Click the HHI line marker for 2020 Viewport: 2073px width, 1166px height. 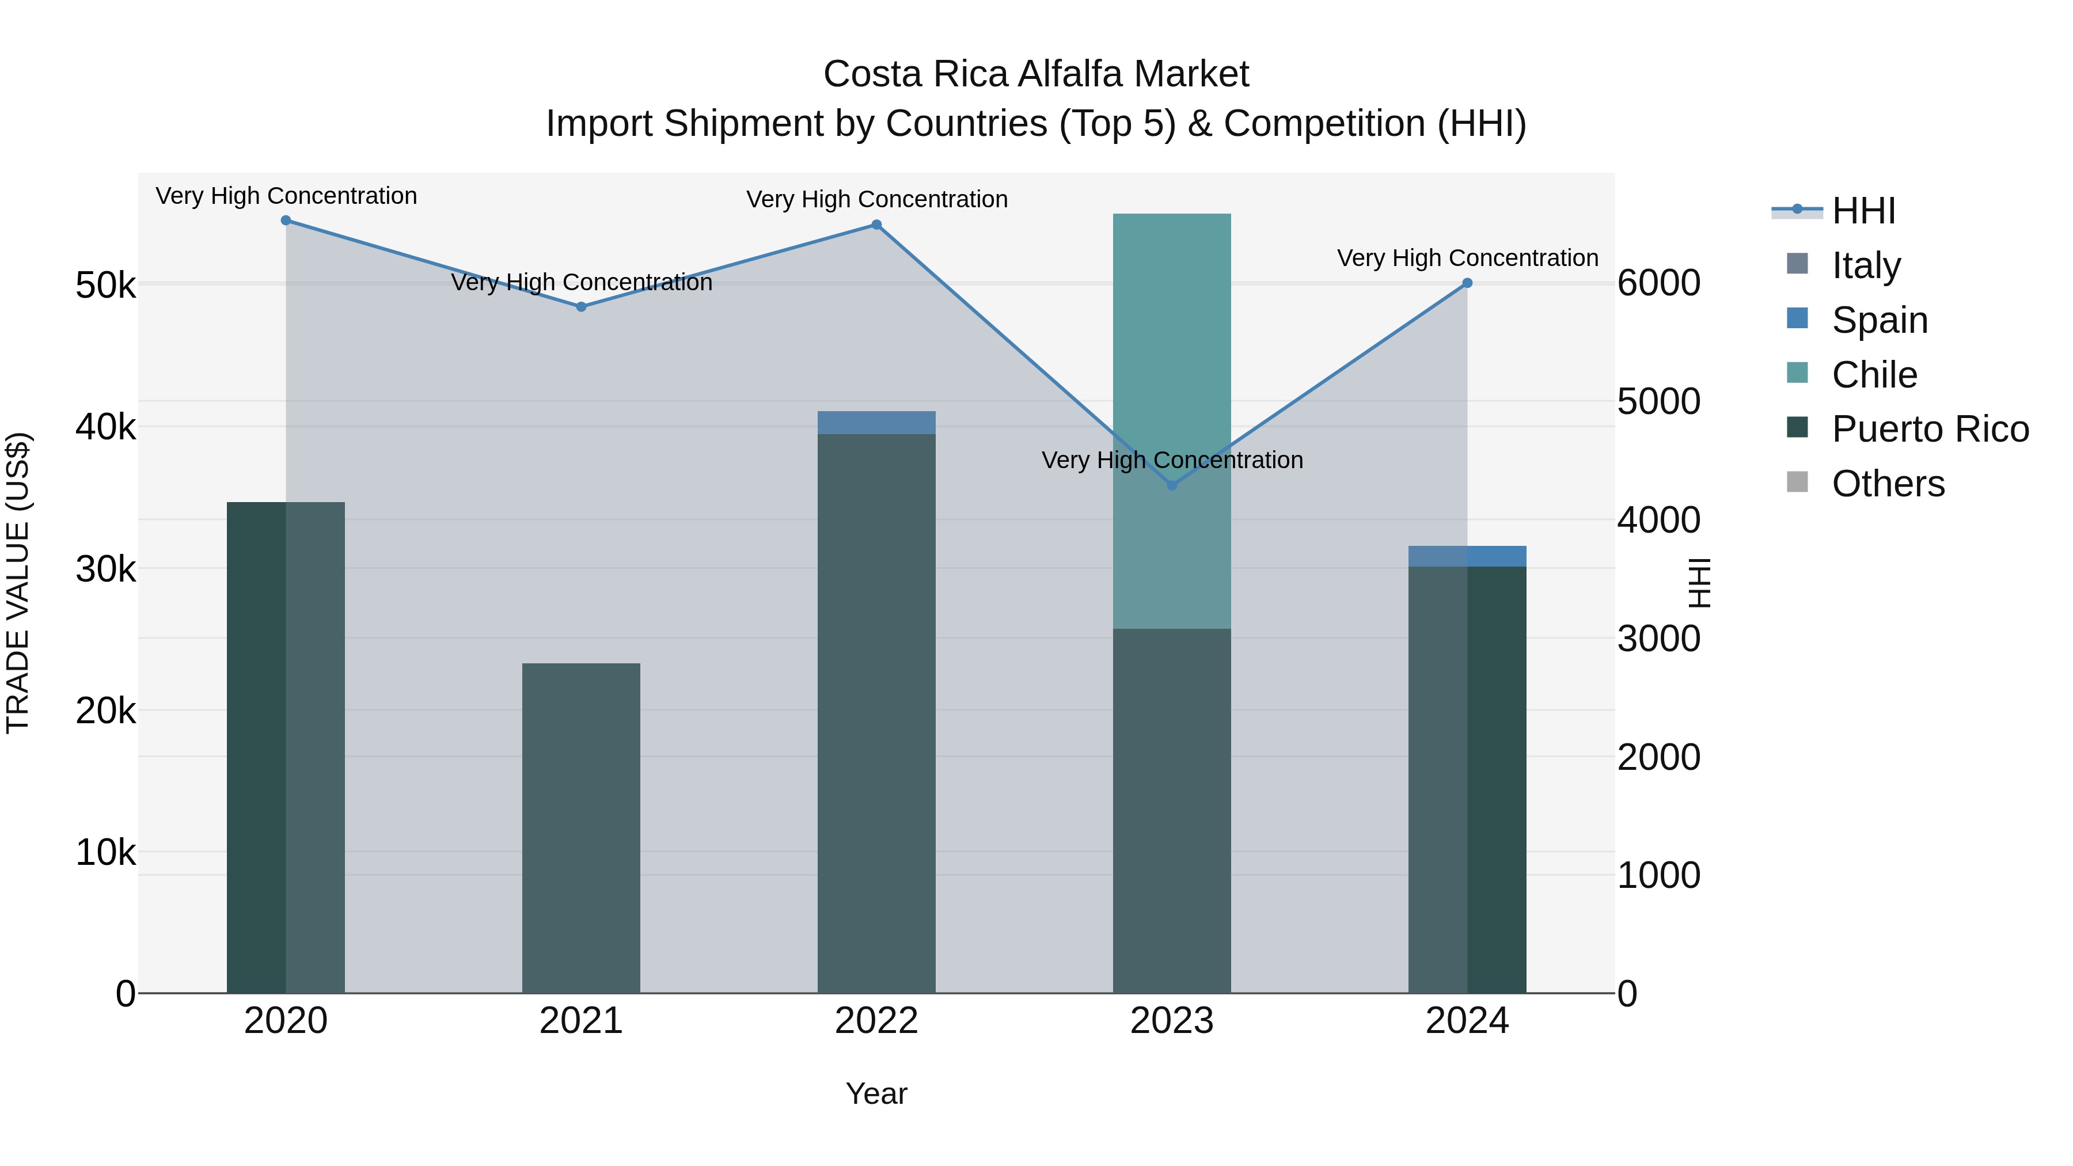pyautogui.click(x=286, y=221)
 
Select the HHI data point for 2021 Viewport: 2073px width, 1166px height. pyautogui.click(x=581, y=306)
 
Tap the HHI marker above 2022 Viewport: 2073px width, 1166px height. pyautogui.click(x=876, y=225)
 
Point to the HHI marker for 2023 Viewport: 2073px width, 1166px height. pyautogui.click(x=1172, y=485)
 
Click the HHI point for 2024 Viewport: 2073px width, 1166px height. pyautogui.click(x=1467, y=283)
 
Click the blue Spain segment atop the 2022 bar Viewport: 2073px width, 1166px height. pyautogui.click(x=876, y=423)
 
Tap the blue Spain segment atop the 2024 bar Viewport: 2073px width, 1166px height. pyautogui.click(x=1467, y=556)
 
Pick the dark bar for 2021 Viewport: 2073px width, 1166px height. pyautogui.click(x=581, y=829)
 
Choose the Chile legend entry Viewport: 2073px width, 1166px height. pyautogui.click(x=1874, y=375)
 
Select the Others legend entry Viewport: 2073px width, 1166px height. pyautogui.click(x=1888, y=484)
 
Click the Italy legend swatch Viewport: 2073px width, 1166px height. pyautogui.click(x=1797, y=264)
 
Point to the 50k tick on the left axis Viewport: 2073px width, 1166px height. pyautogui.click(x=105, y=285)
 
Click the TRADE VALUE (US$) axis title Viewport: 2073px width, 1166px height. pyautogui.click(x=18, y=583)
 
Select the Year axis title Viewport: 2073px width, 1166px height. pyautogui.click(x=876, y=1093)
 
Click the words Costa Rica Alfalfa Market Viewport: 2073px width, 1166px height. pyautogui.click(x=1036, y=74)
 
